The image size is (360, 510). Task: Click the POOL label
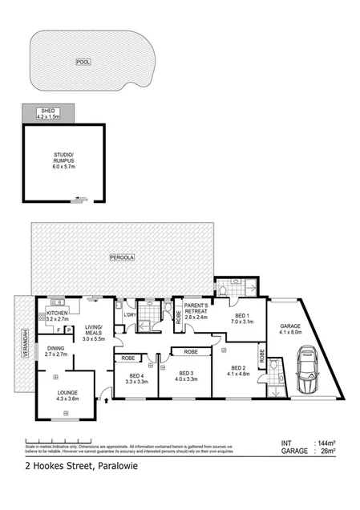click(x=83, y=62)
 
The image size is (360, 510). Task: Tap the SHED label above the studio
click(x=49, y=112)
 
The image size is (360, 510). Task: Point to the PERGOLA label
click(x=122, y=257)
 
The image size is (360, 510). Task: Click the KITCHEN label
click(x=57, y=313)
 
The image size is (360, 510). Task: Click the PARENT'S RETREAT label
click(x=196, y=311)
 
